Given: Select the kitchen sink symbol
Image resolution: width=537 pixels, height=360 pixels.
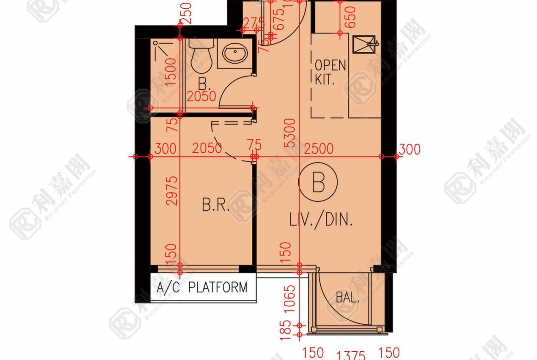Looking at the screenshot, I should pos(364,44).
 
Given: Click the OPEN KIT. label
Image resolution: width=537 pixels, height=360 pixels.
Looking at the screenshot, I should pos(330,72).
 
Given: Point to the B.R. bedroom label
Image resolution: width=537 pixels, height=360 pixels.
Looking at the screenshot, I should pos(216,205).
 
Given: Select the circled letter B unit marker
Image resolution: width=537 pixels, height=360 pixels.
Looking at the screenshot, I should pos(318,183).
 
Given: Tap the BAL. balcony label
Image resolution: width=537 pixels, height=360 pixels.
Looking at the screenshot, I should pos(347,298).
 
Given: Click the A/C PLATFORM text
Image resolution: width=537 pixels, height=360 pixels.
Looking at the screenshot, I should pos(202,288).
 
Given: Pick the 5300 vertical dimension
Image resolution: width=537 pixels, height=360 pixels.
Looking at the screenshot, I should pos(290,133).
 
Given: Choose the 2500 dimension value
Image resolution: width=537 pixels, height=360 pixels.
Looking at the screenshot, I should pos(319,149).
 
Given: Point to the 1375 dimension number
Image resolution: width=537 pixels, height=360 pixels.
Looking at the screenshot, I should pos(351,356).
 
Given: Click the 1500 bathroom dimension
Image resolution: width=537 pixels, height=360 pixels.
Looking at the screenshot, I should pos(171,72).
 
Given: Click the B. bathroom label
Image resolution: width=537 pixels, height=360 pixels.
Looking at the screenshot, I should pos(204,84).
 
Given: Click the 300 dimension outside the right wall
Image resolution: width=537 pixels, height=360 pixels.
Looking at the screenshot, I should pos(409,149).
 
